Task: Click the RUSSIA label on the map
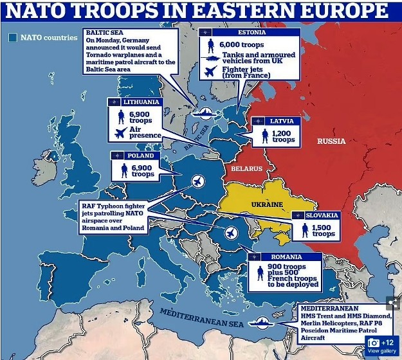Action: coord(331,141)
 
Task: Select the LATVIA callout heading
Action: coord(281,121)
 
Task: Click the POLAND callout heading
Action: coord(141,156)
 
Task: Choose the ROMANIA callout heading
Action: coord(286,257)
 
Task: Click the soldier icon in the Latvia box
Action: coord(264,136)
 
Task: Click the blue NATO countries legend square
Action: coord(12,37)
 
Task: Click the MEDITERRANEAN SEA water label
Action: coord(203,315)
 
